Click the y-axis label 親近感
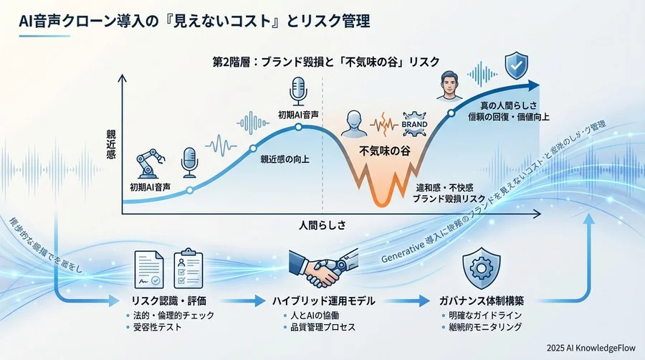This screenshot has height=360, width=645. click(112, 143)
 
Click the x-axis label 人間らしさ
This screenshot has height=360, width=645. click(322, 224)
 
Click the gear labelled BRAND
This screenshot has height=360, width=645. click(415, 123)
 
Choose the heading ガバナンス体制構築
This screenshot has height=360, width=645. click(477, 300)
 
